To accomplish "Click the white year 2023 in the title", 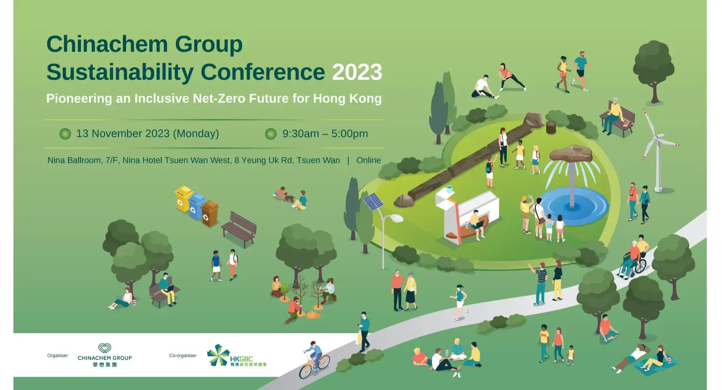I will pos(357,72).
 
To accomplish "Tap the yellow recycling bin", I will pos(183,198).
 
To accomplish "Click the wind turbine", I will pos(658,150).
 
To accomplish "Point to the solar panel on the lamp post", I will pos(373,201).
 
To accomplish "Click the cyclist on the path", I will pos(314,359).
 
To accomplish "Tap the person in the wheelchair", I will pos(633,259).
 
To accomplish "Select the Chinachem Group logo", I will pos(105,355).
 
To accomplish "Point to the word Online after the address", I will pos(369,160).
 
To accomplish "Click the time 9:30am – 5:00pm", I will pos(325,134).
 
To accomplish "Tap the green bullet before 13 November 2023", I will pos(65,134).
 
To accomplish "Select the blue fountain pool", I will pos(573,207).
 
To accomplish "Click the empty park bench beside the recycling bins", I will pos(239,228).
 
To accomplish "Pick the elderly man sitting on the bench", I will pos(613,115).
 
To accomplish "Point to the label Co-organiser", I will pos(183,355).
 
